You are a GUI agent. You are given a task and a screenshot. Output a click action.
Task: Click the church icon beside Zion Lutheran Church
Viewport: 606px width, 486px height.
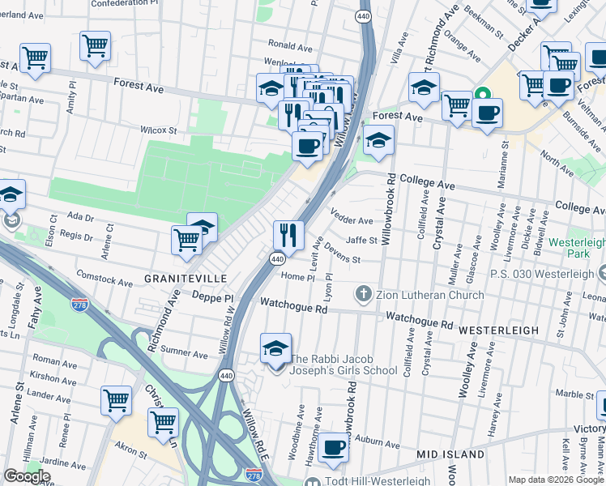tap(364, 292)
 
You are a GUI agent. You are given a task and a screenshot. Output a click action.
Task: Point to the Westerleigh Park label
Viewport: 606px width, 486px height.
tap(576, 249)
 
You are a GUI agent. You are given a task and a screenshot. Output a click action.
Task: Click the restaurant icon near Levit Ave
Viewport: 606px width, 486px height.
tap(288, 236)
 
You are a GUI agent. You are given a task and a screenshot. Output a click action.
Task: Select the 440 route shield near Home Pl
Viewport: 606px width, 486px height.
tap(277, 258)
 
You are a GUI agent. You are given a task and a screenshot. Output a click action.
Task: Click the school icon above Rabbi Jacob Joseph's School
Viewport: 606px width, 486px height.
tap(275, 348)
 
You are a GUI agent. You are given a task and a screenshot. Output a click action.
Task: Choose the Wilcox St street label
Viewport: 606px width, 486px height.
tap(158, 130)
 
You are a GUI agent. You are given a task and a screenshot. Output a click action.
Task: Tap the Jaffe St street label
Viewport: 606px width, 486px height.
tap(362, 240)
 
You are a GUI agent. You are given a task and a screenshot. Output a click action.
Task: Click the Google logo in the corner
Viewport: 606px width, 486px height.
tap(28, 476)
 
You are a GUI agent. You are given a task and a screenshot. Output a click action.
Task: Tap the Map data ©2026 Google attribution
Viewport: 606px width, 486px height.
tap(556, 480)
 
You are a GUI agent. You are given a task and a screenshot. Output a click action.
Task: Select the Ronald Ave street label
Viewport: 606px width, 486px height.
tap(284, 45)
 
